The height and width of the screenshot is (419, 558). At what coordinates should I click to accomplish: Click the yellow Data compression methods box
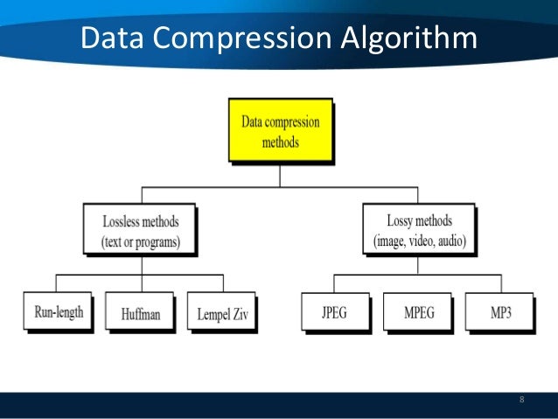279,129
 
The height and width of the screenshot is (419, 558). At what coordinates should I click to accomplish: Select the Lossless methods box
140,229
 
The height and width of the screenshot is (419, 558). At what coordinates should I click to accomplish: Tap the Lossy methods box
419,229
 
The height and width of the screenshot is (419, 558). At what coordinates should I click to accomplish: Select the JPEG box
336,311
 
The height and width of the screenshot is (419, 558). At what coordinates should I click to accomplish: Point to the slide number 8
522,401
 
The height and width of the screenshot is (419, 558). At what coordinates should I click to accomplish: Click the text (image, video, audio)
419,240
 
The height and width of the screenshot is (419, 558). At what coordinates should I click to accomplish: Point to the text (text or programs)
140,240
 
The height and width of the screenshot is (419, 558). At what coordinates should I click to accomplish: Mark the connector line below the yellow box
279,174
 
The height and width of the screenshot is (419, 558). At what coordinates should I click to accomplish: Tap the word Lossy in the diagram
402,220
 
